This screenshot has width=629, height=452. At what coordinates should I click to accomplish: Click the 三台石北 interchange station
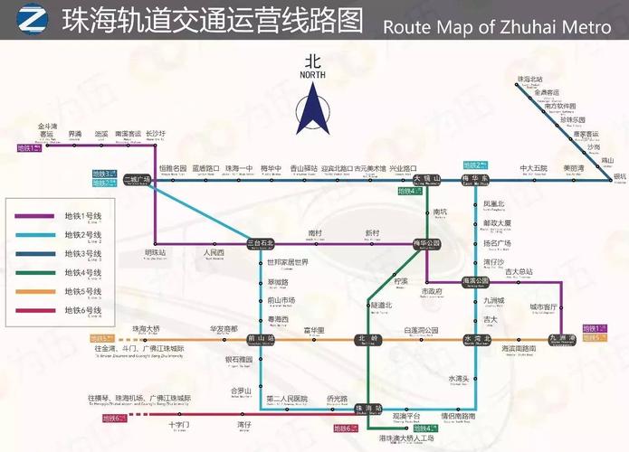coord(261,243)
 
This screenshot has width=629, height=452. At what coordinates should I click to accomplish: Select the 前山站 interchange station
coord(261,339)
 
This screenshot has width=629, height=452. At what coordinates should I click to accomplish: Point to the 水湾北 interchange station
coord(476,339)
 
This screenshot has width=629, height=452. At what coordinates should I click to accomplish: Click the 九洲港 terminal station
coord(562,339)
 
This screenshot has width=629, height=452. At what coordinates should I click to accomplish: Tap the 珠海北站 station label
coord(529,80)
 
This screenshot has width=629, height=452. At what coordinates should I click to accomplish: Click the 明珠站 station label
coord(156,253)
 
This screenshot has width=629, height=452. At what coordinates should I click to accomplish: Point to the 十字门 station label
coord(179,424)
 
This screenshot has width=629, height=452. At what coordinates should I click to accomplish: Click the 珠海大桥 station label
coord(146,328)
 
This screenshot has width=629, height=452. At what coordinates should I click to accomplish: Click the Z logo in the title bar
coord(31,19)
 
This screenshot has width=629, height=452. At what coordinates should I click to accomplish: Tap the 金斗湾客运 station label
coord(47,129)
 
